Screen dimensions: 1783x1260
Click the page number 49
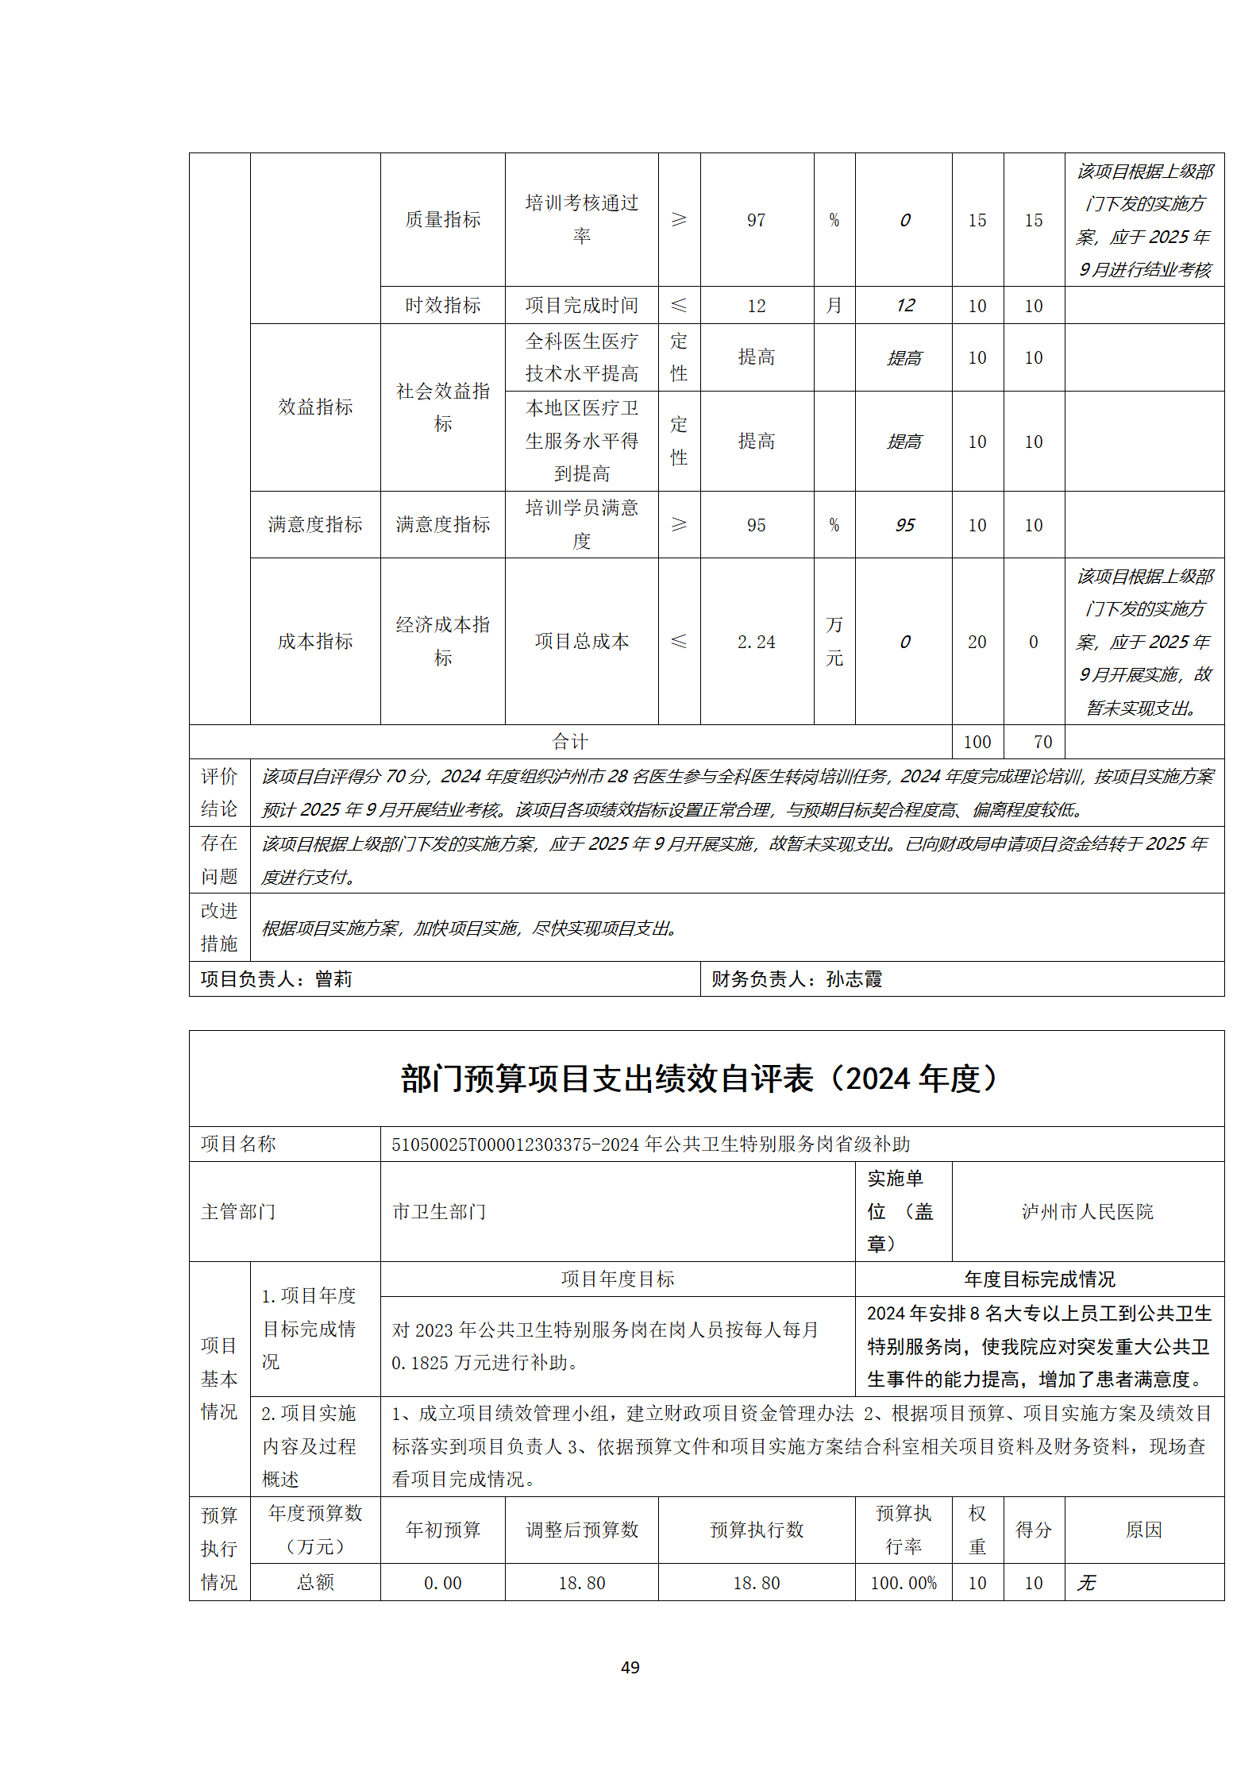(630, 1667)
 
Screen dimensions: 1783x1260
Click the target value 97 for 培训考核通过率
(756, 220)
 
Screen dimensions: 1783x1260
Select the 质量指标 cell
(443, 220)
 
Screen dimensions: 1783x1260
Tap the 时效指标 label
(443, 306)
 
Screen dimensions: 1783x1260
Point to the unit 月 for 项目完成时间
(834, 306)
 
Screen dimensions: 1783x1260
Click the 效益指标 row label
(315, 407)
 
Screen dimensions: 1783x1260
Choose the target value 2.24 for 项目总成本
(756, 642)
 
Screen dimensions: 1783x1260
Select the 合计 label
(570, 742)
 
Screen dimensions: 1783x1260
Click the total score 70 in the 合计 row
(1042, 742)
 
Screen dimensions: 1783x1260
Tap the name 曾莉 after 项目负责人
(333, 979)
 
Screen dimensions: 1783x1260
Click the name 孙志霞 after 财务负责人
(854, 979)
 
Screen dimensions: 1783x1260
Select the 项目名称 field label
(238, 1144)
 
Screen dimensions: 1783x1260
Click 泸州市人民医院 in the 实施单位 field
(1087, 1211)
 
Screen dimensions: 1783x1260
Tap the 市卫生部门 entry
(439, 1211)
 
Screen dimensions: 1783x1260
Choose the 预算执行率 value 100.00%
(904, 1583)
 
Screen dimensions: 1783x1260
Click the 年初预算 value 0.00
(443, 1583)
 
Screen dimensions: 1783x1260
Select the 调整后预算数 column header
(582, 1530)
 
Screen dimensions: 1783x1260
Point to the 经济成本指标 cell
(443, 641)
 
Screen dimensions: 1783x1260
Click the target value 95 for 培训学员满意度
(756, 525)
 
